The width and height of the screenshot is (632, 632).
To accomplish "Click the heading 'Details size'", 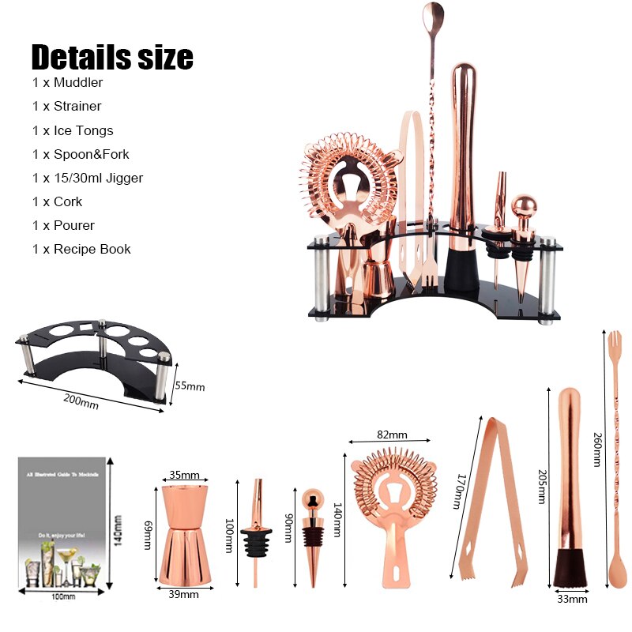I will (111, 57).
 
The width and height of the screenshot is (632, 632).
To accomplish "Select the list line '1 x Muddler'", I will (68, 82).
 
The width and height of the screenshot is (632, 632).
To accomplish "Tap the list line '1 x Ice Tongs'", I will (73, 130).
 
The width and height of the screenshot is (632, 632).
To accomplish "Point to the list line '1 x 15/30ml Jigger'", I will (88, 178).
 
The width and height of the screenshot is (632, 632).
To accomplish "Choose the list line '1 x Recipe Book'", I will (81, 249).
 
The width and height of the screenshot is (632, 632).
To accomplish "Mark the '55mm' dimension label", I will (190, 386).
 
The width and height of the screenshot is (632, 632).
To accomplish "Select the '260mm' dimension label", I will (597, 450).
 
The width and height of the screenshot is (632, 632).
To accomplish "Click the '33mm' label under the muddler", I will (572, 599).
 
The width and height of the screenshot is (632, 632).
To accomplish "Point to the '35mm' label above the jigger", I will (185, 476).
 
